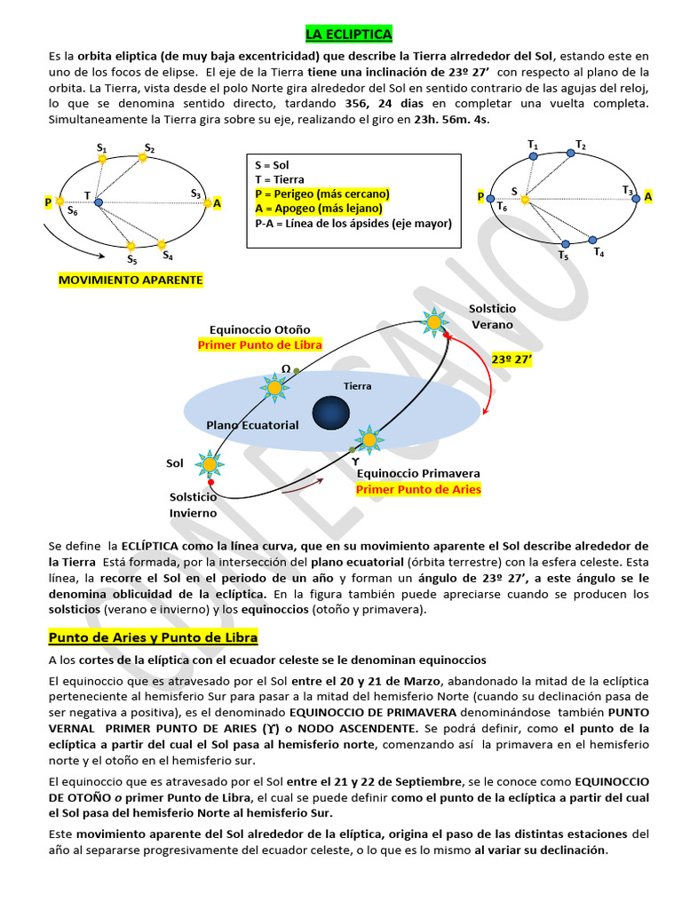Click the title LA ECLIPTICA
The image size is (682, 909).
click(348, 34)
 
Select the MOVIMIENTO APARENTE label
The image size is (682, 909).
click(131, 280)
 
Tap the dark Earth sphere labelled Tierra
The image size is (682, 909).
click(331, 412)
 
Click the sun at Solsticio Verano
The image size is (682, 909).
click(434, 321)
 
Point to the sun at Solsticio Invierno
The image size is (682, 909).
click(210, 463)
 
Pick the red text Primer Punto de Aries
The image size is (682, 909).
click(418, 489)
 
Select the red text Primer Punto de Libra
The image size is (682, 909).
click(259, 344)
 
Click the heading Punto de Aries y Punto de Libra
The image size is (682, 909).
click(153, 637)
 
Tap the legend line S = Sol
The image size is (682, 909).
click(272, 165)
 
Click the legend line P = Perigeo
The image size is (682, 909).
click(321, 194)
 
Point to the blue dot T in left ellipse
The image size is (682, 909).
click(99, 202)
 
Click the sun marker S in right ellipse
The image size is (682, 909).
click(525, 200)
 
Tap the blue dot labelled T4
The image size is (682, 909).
click(592, 239)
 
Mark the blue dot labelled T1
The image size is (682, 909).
click(533, 155)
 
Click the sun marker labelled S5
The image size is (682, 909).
click(131, 246)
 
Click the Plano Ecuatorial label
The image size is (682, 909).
click(252, 425)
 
